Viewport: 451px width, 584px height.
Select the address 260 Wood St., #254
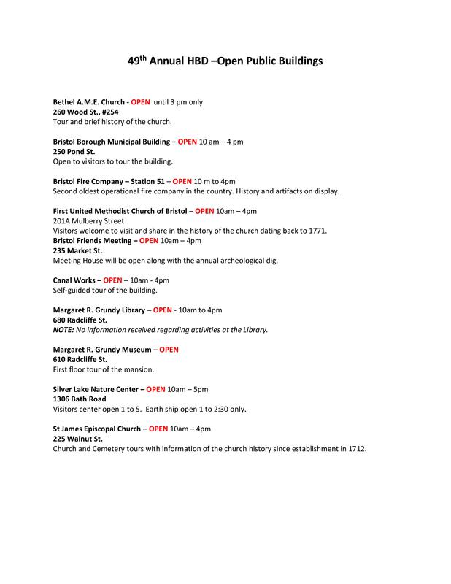coord(86,112)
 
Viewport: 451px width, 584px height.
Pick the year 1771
coord(318,230)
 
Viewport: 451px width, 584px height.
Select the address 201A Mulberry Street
coord(89,220)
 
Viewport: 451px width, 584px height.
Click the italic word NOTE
coord(64,329)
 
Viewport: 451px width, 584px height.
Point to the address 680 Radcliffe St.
coord(80,320)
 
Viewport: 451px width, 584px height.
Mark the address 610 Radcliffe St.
coord(80,359)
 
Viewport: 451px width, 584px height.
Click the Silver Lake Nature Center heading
coord(100,389)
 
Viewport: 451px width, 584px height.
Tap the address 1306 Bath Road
coord(80,399)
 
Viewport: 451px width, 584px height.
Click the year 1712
coord(355,448)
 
